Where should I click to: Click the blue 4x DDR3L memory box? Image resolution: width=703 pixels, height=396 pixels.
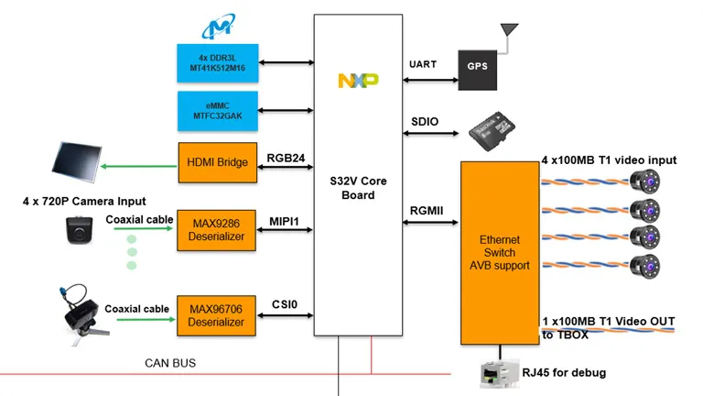pos(217,61)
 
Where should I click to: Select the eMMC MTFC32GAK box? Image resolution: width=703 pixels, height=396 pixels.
pos(217,111)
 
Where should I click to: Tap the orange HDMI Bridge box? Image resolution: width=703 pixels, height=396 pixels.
pos(217,163)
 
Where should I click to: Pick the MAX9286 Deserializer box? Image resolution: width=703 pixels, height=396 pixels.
pos(217,229)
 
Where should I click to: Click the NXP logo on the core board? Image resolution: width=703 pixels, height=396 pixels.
pos(358,82)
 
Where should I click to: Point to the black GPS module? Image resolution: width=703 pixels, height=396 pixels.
pos(477,67)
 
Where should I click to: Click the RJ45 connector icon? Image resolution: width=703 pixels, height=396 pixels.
pos(500,370)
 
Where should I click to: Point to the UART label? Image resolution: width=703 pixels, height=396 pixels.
pos(423,64)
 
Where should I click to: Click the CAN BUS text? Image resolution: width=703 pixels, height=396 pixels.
pos(170,363)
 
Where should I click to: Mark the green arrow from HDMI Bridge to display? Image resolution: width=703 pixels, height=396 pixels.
pos(137,167)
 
